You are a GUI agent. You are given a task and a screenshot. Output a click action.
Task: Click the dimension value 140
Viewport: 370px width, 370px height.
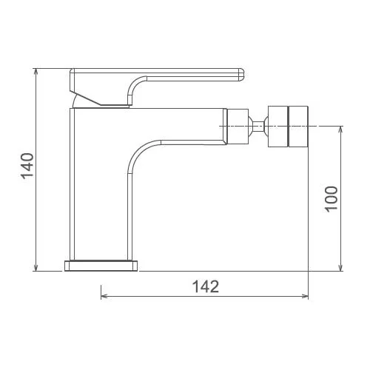27,166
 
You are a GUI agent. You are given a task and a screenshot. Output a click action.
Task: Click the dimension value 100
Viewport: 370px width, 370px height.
331,199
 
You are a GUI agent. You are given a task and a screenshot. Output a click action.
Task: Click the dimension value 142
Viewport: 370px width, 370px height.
206,286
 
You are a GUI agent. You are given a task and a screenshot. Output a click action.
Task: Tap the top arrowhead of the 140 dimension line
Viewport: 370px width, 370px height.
36,72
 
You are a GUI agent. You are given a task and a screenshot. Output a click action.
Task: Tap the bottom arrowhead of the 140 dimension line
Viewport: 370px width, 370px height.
36,268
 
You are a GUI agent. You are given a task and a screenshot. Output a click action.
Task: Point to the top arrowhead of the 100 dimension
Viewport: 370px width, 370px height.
341,129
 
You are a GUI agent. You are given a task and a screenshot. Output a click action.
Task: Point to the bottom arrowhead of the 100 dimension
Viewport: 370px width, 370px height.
341,268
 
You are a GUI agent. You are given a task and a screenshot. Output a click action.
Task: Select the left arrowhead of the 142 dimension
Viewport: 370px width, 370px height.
104,296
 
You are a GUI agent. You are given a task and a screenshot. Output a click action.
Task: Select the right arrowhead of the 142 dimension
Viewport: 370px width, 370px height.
305,296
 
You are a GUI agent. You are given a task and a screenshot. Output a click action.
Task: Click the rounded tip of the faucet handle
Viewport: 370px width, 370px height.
241,75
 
